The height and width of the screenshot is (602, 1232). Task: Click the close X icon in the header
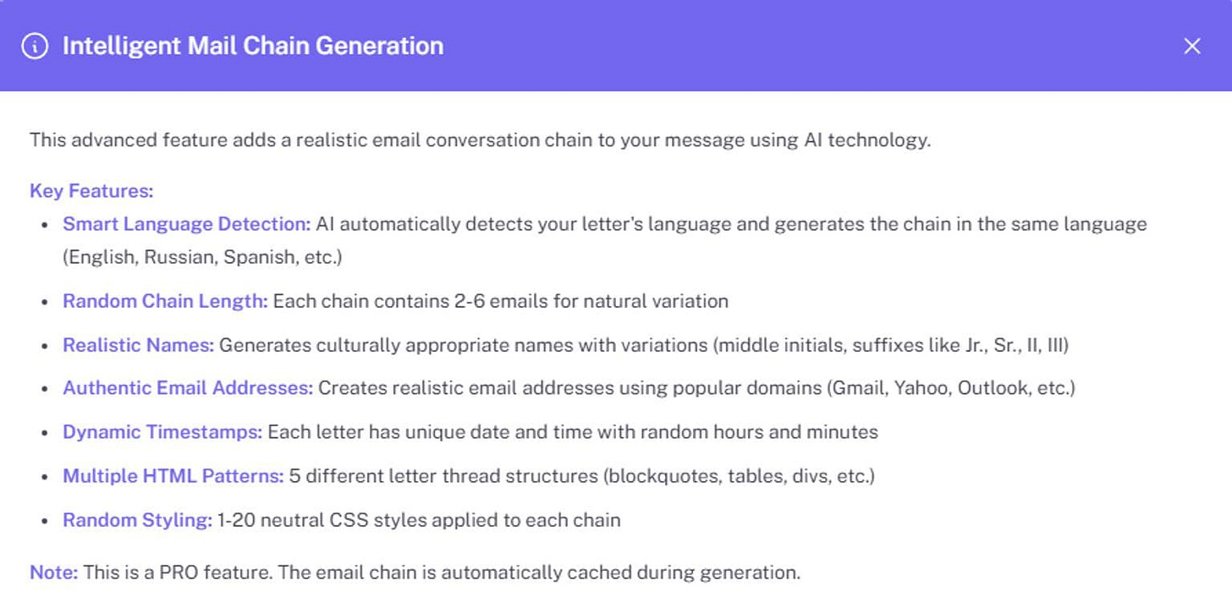(x=1191, y=47)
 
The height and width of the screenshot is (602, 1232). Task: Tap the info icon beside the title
(x=35, y=47)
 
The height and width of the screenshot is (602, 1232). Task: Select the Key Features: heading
(x=91, y=191)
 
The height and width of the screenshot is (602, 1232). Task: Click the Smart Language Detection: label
(x=187, y=224)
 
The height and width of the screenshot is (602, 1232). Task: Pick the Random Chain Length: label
(x=165, y=300)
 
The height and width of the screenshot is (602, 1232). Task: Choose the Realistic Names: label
(x=139, y=344)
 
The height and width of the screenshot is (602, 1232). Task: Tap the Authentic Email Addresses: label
(x=188, y=388)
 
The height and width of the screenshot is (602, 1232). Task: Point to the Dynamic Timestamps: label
(x=162, y=432)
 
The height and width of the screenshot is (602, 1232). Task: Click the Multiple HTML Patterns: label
(x=173, y=476)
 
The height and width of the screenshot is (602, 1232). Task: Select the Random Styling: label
(x=137, y=520)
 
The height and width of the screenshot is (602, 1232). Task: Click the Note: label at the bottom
(x=53, y=572)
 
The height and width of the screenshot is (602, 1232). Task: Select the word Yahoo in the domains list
(x=923, y=388)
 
